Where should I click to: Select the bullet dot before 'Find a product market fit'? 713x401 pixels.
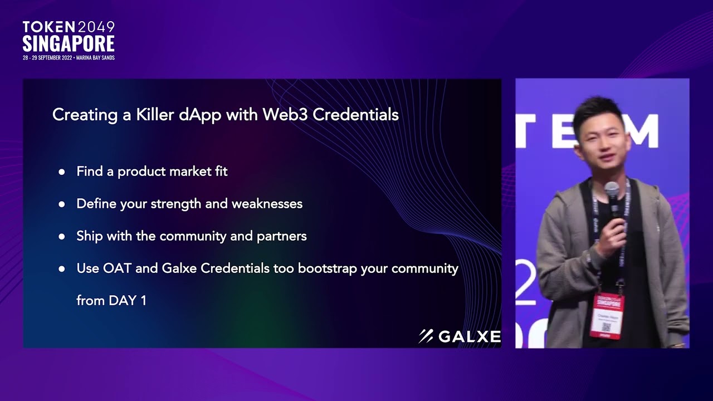(62, 172)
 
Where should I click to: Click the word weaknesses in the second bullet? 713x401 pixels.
(267, 204)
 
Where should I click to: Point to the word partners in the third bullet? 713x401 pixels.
(281, 236)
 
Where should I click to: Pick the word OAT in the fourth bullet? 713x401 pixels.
(117, 268)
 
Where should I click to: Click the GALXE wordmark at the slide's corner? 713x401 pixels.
(469, 336)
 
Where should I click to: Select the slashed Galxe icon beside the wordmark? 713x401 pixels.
(426, 336)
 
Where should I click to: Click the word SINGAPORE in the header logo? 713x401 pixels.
(69, 44)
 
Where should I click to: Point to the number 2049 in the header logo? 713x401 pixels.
(96, 27)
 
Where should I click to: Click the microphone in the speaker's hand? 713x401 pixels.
(612, 198)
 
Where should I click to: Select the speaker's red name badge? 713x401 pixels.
(607, 315)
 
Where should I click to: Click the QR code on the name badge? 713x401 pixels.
(606, 327)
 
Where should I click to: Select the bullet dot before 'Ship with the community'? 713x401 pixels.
(62, 237)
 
